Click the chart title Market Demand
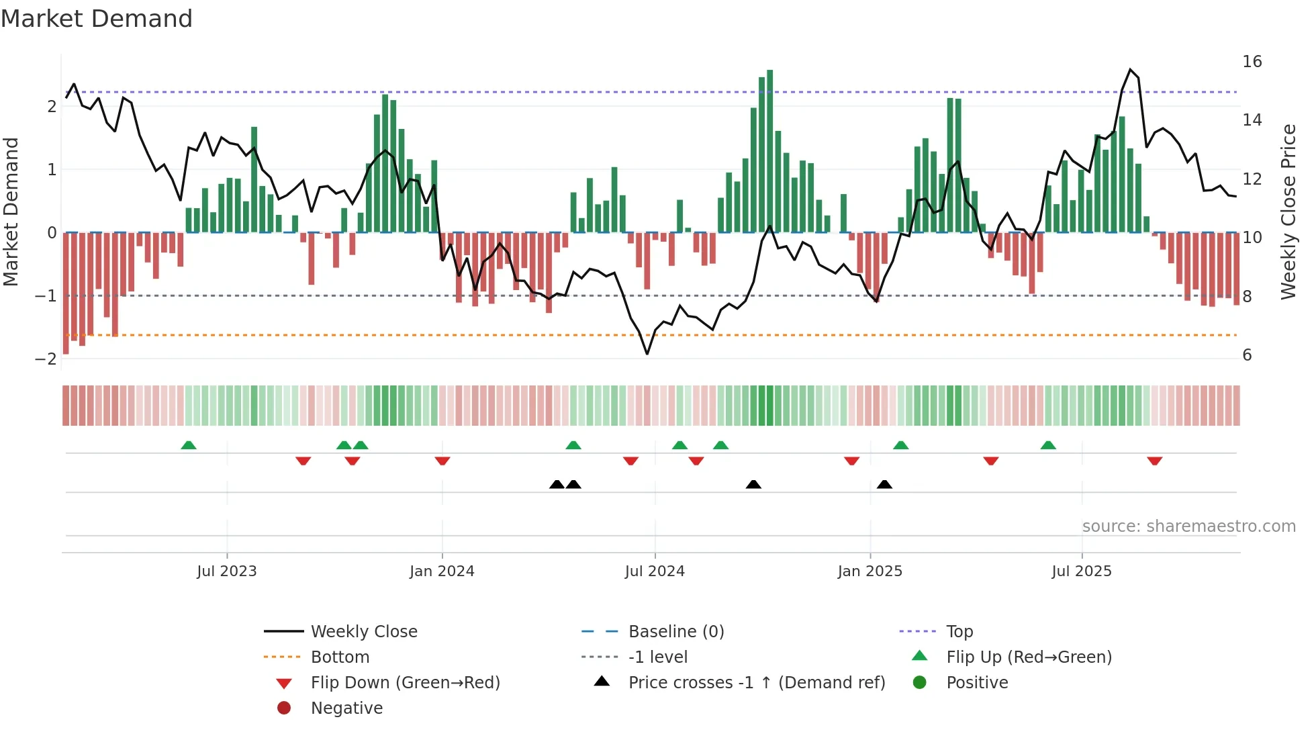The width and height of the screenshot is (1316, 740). [x=97, y=19]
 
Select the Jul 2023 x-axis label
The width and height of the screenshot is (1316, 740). [x=227, y=571]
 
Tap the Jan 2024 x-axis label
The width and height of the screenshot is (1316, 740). [x=442, y=571]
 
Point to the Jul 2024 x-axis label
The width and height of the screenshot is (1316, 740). [x=655, y=571]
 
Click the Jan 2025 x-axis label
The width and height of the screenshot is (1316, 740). [x=870, y=571]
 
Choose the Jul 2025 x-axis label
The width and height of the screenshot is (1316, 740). [x=1082, y=571]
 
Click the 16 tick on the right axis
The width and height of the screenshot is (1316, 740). [x=1252, y=62]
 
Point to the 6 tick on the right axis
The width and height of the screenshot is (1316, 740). [x=1247, y=355]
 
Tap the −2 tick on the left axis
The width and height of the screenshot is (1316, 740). [x=46, y=359]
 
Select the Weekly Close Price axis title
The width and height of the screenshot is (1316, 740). [x=1288, y=212]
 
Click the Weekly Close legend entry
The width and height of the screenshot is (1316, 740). [x=364, y=632]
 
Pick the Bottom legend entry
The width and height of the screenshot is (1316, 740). [x=340, y=657]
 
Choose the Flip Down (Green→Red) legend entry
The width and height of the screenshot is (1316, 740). [x=405, y=683]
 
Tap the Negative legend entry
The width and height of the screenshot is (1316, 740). [x=346, y=708]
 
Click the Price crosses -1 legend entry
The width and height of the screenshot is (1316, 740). [x=757, y=683]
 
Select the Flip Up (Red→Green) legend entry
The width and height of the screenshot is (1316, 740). [x=1029, y=657]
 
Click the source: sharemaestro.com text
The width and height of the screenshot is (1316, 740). [x=1188, y=526]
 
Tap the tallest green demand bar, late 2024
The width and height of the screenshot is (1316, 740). [x=770, y=151]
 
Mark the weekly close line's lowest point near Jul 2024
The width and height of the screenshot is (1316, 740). [x=647, y=354]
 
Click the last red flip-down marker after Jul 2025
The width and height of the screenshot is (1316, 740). [x=1154, y=461]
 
